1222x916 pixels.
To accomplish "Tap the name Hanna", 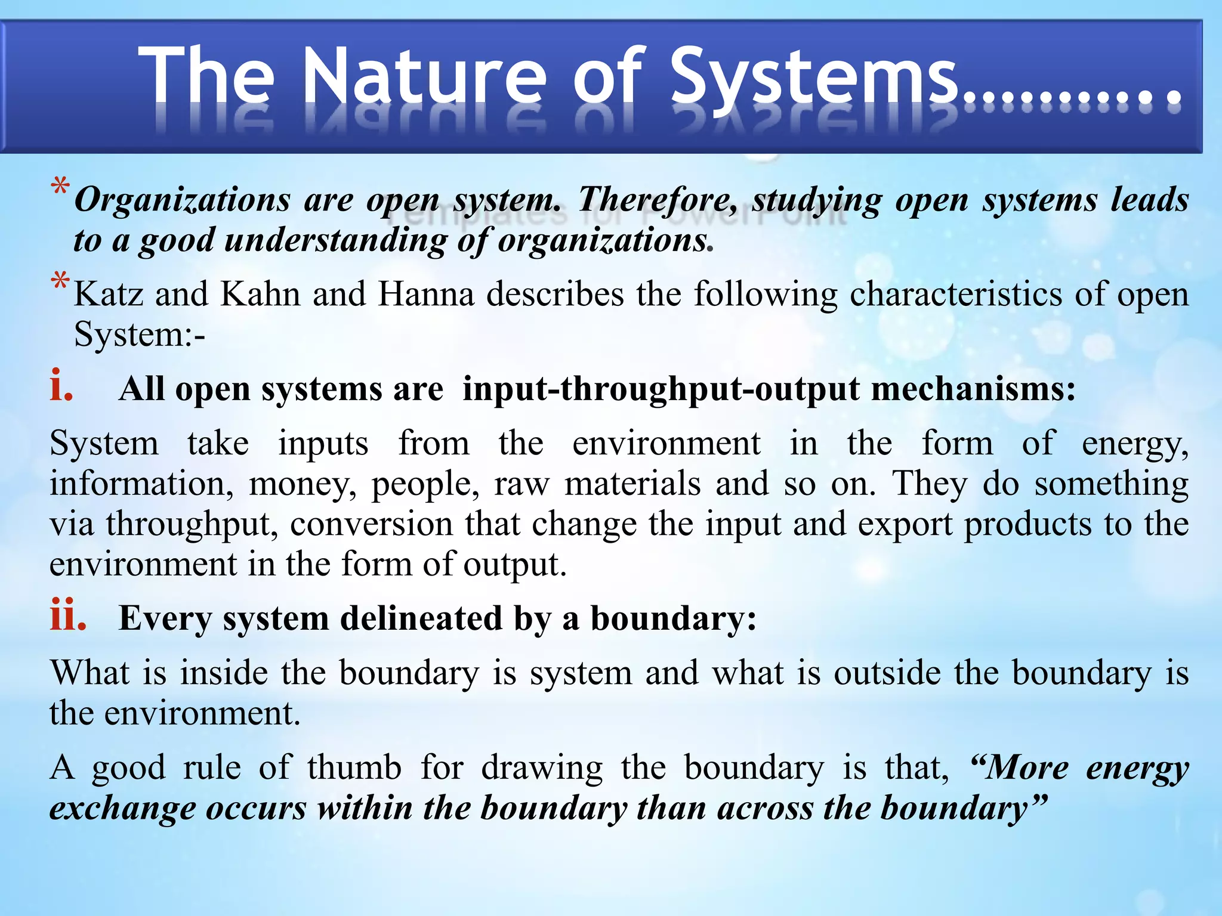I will tap(426, 294).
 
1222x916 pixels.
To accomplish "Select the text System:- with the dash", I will tap(139, 334).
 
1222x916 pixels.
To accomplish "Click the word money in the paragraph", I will tap(303, 484).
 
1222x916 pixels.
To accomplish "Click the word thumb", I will tap(354, 768).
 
